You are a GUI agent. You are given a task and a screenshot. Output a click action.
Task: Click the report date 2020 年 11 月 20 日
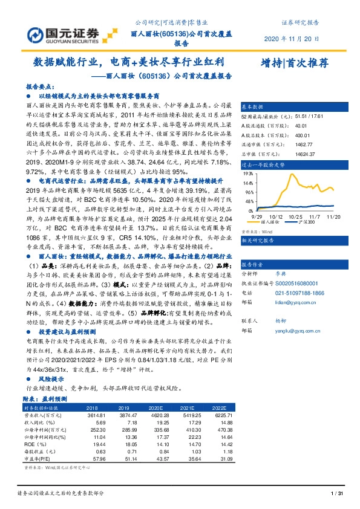point(292,39)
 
